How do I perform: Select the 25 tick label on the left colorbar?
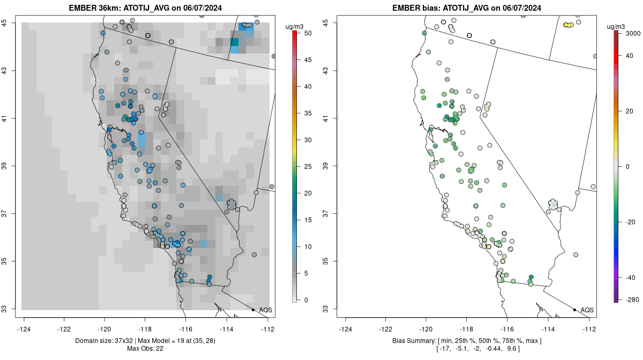pyautogui.click(x=308, y=167)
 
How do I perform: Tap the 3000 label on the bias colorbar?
pyautogui.click(x=633, y=33)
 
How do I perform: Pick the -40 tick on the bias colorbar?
pyautogui.click(x=631, y=277)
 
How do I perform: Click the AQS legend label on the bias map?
pyautogui.click(x=587, y=310)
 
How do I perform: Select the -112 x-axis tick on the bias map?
pyautogui.click(x=589, y=329)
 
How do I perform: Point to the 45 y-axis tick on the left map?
pyautogui.click(x=11, y=22)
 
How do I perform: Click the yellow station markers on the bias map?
pyautogui.click(x=569, y=25)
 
